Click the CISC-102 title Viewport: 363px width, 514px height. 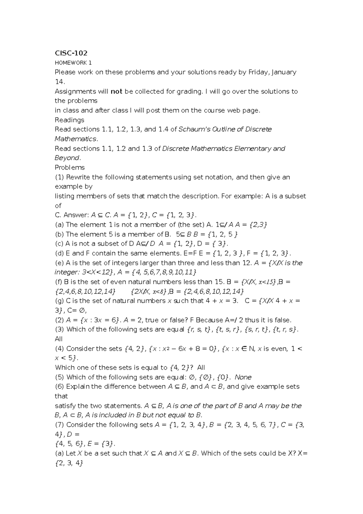[x=71, y=53]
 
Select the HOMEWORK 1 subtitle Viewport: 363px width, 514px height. [x=73, y=63]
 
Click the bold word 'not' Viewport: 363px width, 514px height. [x=116, y=91]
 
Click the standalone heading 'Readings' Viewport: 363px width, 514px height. [x=69, y=120]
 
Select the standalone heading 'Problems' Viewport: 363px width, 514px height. [x=70, y=167]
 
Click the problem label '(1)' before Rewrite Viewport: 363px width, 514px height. [x=60, y=177]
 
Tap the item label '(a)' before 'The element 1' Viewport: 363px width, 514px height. [x=59, y=225]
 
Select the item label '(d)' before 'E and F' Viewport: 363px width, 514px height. [x=60, y=253]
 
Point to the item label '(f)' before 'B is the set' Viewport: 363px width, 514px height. [x=59, y=282]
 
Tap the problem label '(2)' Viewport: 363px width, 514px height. [x=60, y=320]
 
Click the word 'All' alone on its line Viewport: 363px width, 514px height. [x=59, y=339]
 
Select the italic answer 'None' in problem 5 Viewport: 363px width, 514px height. [x=243, y=377]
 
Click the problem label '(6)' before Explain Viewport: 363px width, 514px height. [x=60, y=387]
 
